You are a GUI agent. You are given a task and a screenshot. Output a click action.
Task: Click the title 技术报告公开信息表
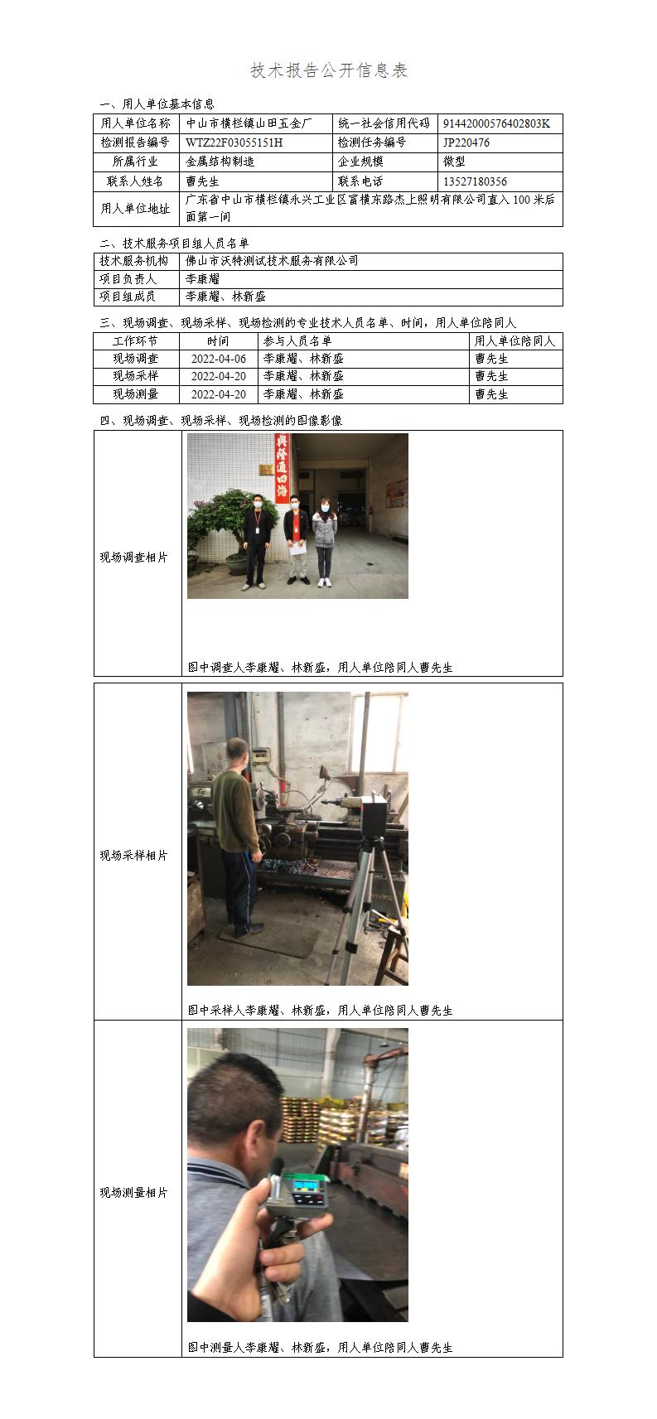[x=329, y=70]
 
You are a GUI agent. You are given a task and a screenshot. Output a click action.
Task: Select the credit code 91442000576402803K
[x=497, y=123]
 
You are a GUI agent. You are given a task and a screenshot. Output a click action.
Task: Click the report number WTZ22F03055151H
[x=234, y=142]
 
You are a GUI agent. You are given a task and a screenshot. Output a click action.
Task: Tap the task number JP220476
[x=466, y=142]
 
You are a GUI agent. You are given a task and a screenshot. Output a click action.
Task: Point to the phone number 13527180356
[x=476, y=181]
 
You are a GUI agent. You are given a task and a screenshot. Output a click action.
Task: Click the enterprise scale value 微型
[x=454, y=162]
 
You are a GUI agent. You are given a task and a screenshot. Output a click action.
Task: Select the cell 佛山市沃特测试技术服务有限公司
[x=272, y=260]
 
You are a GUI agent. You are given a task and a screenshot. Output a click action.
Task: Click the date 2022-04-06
[x=219, y=359]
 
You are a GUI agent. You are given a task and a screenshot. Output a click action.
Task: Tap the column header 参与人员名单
[x=297, y=340]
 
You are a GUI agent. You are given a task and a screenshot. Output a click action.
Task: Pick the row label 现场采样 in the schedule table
[x=136, y=375]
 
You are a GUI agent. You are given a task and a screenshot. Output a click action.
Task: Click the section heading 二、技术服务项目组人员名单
[x=174, y=244]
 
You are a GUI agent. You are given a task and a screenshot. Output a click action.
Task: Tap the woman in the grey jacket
[x=324, y=542]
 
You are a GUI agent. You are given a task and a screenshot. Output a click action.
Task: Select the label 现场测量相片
[x=133, y=1193]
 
